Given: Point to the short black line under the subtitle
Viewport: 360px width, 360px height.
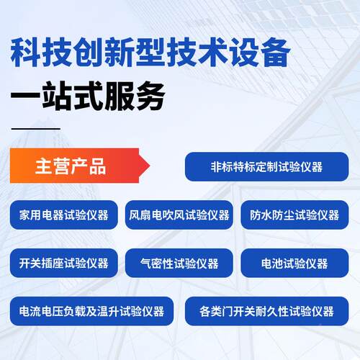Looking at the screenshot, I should tap(36, 128).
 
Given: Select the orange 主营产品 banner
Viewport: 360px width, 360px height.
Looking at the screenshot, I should tap(76, 166).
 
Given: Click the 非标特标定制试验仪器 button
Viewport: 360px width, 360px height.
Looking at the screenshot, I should tap(266, 166).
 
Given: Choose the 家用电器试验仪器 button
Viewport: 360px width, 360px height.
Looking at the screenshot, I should tap(64, 215).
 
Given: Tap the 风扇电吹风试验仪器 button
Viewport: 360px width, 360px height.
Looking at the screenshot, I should tap(179, 215).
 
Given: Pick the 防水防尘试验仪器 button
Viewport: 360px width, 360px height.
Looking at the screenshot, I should tap(294, 215).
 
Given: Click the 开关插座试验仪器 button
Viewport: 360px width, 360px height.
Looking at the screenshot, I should tap(64, 263).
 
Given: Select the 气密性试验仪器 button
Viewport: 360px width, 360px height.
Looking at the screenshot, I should tap(179, 263).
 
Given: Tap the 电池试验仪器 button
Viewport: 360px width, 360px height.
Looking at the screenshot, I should tap(294, 263).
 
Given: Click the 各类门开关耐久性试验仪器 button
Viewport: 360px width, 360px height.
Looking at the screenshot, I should tap(266, 311).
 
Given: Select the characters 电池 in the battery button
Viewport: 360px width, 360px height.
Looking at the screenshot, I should tap(272, 263).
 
